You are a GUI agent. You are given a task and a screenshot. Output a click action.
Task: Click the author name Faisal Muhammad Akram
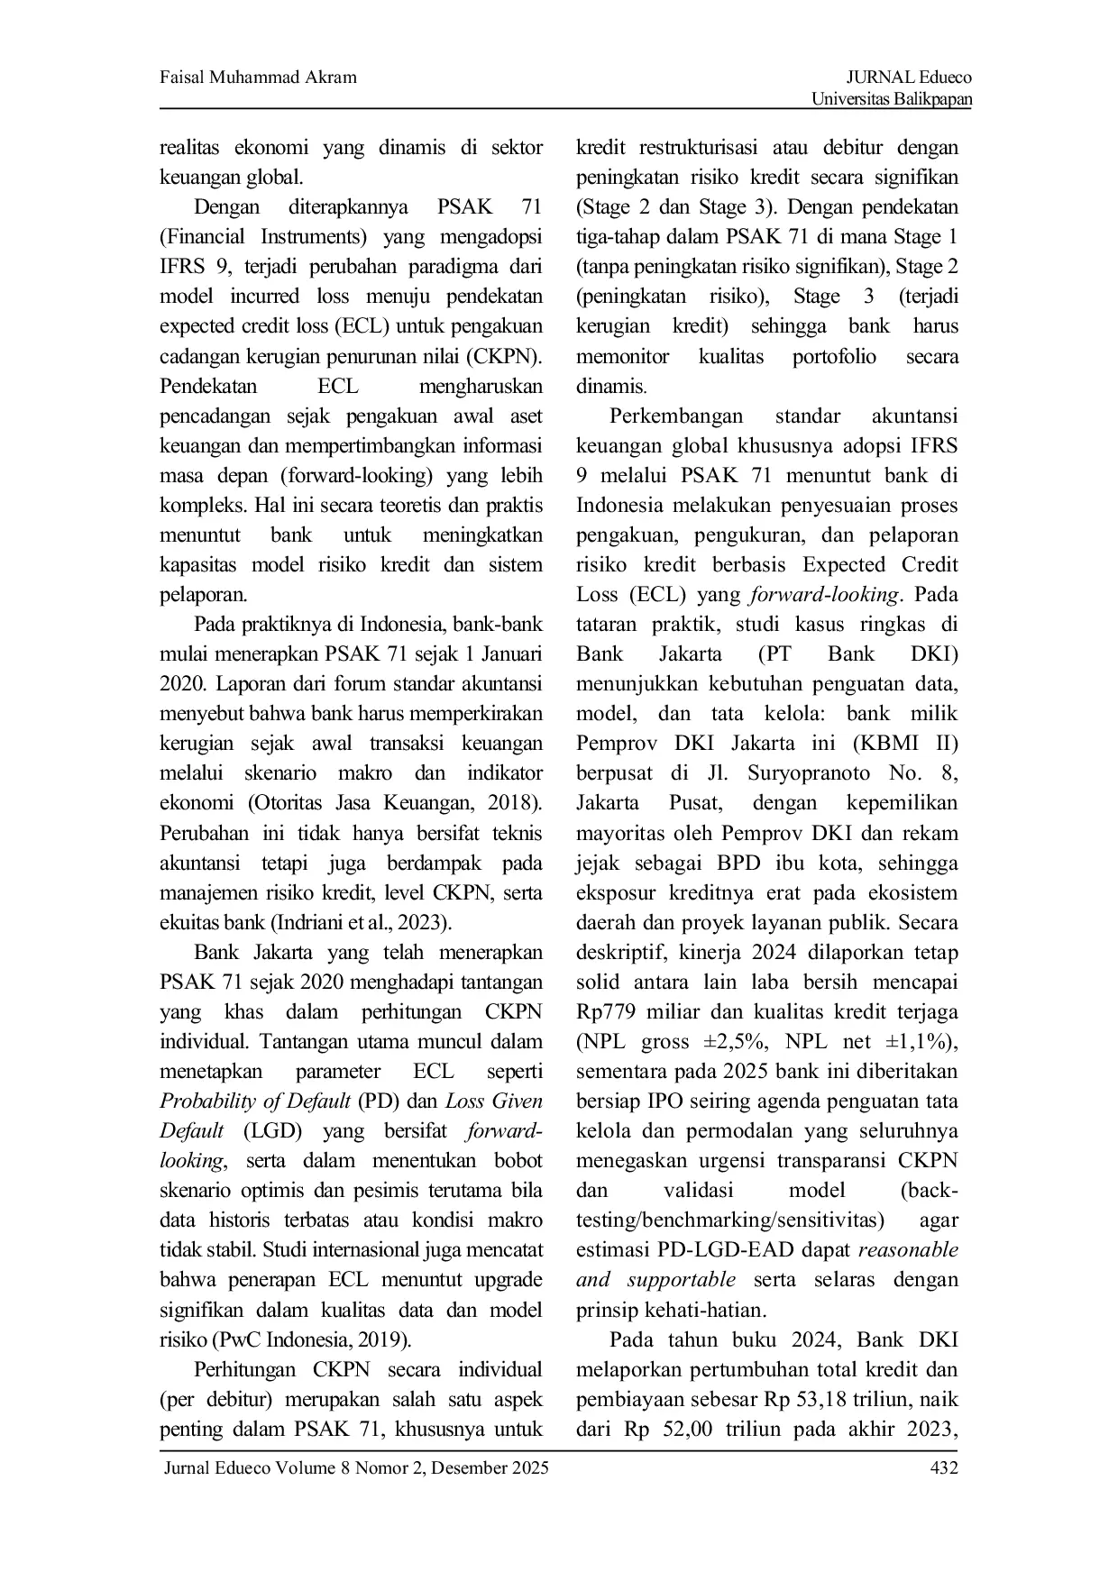258,78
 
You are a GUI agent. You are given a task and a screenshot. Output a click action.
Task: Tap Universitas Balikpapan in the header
892,99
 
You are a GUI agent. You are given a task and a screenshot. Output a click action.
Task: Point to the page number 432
943,1468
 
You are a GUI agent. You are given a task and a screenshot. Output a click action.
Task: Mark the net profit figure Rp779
607,1012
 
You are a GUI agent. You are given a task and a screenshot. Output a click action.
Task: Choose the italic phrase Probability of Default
255,1101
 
